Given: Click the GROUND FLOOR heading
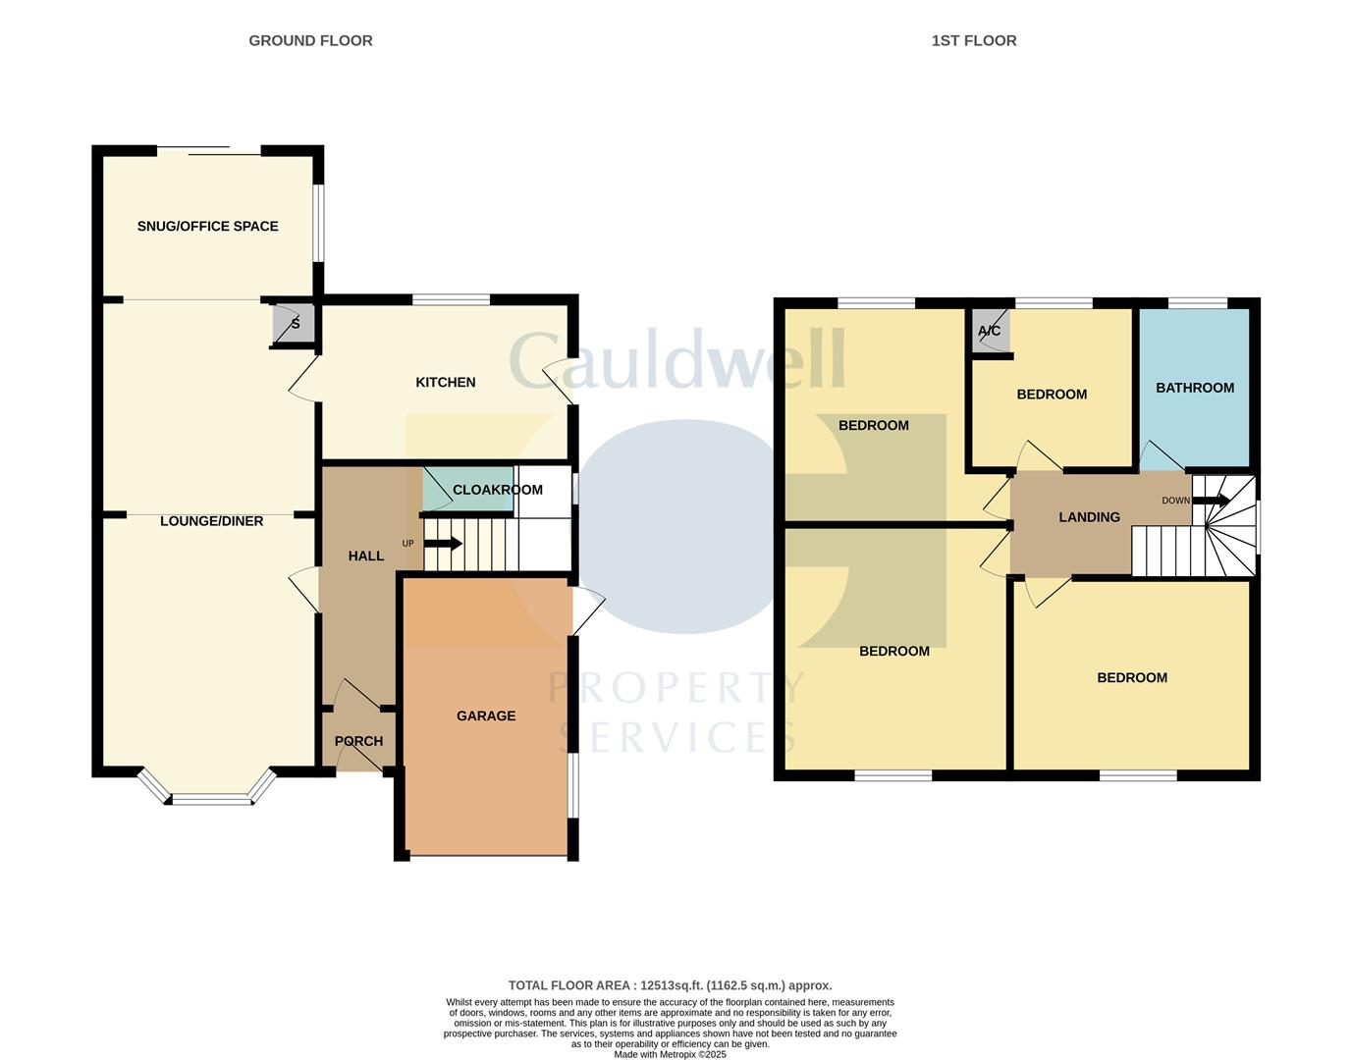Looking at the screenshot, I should click(310, 40).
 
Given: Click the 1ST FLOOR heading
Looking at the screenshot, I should click(973, 40).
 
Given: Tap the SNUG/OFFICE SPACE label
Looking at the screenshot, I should click(207, 226).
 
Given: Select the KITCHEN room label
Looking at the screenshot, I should click(445, 382).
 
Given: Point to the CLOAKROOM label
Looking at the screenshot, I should click(497, 489).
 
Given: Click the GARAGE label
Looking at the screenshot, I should click(485, 715).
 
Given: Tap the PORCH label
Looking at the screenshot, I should click(358, 741).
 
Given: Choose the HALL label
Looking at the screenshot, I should click(365, 556).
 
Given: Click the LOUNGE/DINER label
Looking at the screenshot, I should click(211, 521).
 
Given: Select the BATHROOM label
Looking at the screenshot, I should click(1194, 388).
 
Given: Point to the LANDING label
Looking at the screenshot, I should click(1089, 517).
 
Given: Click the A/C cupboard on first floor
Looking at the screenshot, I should click(989, 331).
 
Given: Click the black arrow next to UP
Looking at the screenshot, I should click(443, 543).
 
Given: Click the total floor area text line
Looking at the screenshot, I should click(670, 985).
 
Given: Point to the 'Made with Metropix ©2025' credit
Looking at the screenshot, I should click(670, 1054).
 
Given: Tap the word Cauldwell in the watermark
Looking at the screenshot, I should click(676, 359).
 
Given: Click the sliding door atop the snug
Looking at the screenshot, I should click(208, 150).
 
